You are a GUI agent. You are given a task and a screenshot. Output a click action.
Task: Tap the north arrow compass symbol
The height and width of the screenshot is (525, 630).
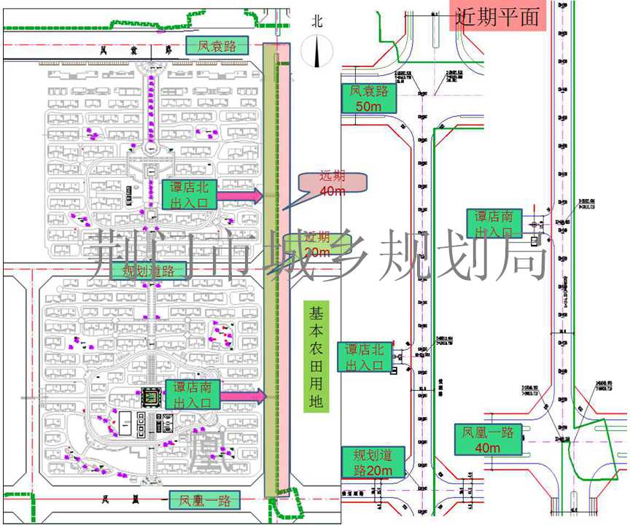click(x=317, y=55)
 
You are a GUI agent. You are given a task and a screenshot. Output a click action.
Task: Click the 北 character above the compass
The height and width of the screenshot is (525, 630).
click(x=316, y=21)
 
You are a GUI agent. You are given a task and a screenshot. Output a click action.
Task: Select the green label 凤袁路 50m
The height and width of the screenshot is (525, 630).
click(x=368, y=98)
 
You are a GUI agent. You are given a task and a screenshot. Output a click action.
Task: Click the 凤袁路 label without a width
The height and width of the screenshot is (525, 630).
click(x=217, y=46)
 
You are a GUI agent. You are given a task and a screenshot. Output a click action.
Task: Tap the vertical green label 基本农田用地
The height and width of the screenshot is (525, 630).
click(x=316, y=357)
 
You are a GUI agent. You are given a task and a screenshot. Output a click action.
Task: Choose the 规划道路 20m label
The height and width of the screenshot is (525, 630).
click(x=367, y=462)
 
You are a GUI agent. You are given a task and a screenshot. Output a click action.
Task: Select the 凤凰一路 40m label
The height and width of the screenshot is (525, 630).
click(x=488, y=439)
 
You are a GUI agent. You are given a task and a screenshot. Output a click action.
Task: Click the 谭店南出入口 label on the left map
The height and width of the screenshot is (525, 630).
click(x=192, y=394)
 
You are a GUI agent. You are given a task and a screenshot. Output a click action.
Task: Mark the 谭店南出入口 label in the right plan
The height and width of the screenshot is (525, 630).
click(x=494, y=224)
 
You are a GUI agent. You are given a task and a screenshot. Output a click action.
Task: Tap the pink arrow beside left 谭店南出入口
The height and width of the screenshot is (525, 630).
click(x=244, y=395)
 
